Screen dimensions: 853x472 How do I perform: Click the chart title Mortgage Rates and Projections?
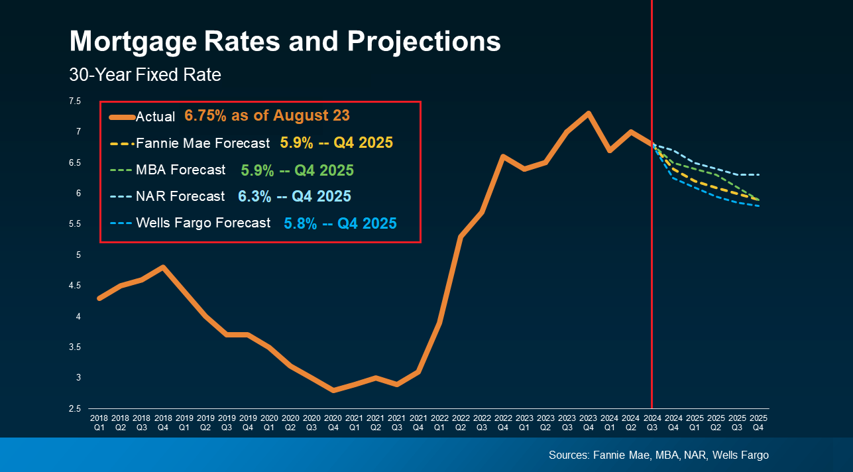point(285,42)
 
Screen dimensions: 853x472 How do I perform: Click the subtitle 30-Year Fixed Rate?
point(145,75)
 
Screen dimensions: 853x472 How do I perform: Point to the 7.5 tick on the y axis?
point(75,101)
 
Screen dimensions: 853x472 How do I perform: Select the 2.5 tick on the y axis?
point(75,409)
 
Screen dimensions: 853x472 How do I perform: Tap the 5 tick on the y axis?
point(78,255)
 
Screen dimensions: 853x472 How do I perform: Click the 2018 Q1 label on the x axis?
point(99,423)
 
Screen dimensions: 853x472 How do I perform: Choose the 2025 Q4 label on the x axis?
point(758,423)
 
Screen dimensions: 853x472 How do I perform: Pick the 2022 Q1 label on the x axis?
point(439,423)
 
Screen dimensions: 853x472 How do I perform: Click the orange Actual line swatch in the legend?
point(122,117)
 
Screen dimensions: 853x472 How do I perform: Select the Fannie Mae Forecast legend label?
point(203,143)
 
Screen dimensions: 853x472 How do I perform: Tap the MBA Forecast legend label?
point(180,170)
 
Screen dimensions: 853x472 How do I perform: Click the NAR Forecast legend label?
point(180,197)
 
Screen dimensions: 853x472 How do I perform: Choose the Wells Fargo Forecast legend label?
point(203,223)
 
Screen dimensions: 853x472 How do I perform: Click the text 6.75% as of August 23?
point(267,115)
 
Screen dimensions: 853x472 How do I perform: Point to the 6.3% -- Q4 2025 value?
point(294,197)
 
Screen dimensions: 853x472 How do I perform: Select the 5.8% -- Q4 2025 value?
point(340,223)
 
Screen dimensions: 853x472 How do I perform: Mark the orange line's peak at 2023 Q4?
point(589,113)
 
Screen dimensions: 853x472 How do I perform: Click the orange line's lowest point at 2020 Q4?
point(333,390)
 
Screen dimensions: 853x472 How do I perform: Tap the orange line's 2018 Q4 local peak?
point(163,267)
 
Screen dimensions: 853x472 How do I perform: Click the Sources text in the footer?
point(659,455)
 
